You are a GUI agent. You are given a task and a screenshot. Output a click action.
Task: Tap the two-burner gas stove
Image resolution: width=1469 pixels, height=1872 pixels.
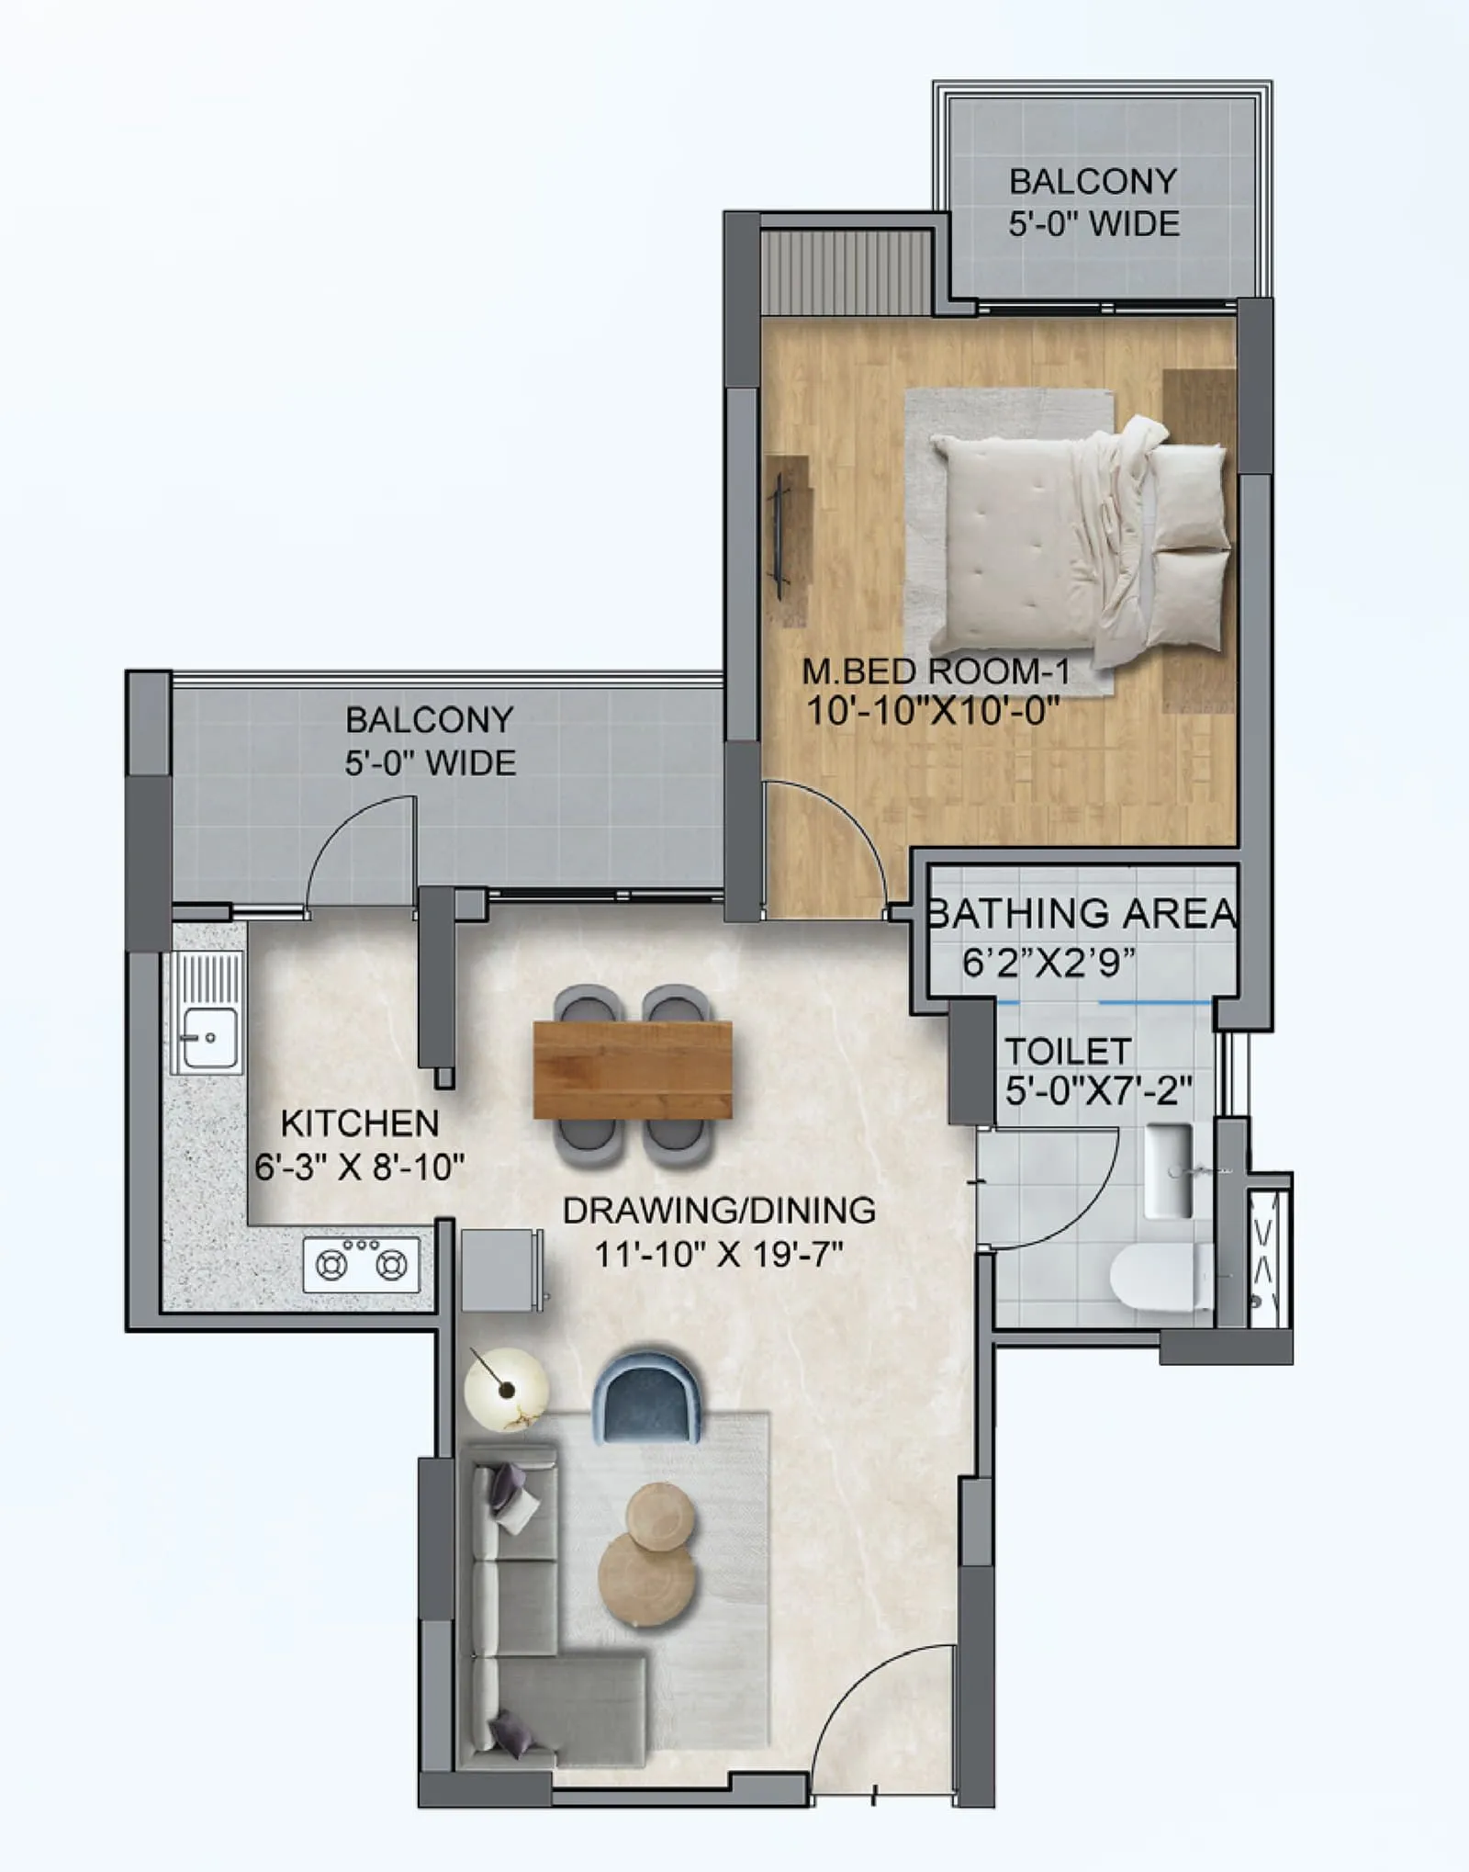pyautogui.click(x=361, y=1265)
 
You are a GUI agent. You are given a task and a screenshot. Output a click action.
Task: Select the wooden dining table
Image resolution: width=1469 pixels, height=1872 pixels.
pyautogui.click(x=633, y=1070)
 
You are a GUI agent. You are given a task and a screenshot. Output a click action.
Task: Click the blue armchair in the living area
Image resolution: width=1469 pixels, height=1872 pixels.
pyautogui.click(x=647, y=1396)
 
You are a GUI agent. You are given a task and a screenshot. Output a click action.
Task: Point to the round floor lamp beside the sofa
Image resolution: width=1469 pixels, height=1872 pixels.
pyautogui.click(x=506, y=1390)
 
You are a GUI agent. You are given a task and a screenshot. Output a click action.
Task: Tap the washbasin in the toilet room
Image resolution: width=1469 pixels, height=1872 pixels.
pyautogui.click(x=1169, y=1171)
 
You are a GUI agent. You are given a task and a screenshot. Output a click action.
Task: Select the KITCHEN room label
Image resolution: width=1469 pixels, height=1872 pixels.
pyautogui.click(x=360, y=1123)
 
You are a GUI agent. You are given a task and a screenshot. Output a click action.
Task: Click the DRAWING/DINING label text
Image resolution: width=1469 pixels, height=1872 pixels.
pyautogui.click(x=719, y=1211)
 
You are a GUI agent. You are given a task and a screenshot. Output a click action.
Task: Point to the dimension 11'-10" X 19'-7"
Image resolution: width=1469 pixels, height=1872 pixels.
pyautogui.click(x=719, y=1254)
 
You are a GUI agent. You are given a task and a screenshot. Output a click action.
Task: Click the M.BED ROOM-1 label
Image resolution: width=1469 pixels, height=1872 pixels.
pyautogui.click(x=936, y=671)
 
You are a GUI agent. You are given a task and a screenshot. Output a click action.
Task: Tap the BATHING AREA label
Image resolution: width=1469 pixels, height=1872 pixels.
pyautogui.click(x=1082, y=914)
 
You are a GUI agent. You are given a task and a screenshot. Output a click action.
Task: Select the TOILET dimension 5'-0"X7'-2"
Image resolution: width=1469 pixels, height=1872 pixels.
pyautogui.click(x=1098, y=1091)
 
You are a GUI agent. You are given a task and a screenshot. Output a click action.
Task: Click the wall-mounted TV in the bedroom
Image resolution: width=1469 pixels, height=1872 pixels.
pyautogui.click(x=779, y=537)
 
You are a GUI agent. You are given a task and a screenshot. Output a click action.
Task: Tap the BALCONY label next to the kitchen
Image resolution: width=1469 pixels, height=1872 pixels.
pyautogui.click(x=429, y=720)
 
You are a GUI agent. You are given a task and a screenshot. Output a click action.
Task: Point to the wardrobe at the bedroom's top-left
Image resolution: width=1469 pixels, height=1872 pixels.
pyautogui.click(x=846, y=273)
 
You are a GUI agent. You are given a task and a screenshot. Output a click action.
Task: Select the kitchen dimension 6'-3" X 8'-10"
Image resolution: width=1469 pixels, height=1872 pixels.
pyautogui.click(x=360, y=1167)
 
